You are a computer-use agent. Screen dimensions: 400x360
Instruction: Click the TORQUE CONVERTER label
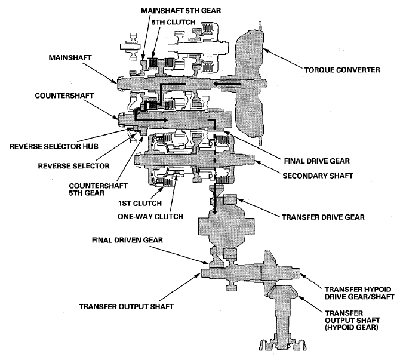342,70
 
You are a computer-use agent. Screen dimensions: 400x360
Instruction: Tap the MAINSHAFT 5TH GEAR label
181,11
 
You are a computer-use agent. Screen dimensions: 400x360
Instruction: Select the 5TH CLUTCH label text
174,23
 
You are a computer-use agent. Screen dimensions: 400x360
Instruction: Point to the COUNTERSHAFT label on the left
64,96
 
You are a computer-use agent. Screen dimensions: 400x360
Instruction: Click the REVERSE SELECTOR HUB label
54,147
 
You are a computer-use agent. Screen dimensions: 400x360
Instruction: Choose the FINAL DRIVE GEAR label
317,161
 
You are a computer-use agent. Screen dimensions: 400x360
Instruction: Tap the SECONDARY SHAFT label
318,176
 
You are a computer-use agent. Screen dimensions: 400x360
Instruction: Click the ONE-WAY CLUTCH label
150,217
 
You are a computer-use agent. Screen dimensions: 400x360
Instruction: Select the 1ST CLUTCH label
140,204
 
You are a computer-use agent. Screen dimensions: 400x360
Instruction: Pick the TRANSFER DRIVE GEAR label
323,217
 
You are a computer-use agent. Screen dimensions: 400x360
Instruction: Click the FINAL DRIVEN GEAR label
127,240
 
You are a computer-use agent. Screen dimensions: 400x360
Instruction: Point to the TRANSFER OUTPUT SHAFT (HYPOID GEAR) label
352,320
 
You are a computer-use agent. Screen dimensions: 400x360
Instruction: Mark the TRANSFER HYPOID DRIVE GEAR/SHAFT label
359,293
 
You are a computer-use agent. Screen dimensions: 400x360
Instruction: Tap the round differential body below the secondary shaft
226,226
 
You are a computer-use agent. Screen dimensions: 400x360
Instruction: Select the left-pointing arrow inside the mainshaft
226,84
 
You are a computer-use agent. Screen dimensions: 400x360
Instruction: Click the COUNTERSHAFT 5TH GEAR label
98,189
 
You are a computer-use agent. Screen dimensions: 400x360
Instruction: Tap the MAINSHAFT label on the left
70,58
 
